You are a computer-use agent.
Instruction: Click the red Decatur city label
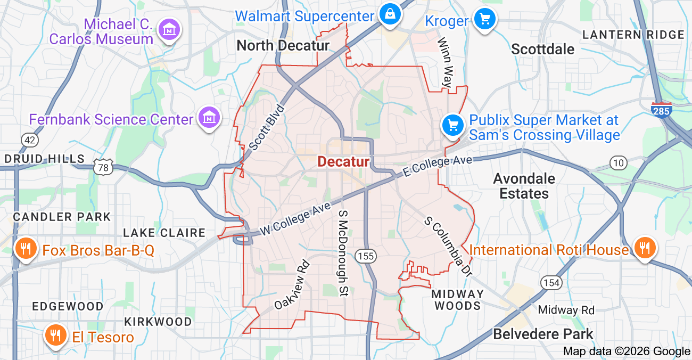[343, 161]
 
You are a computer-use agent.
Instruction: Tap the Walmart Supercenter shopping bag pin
[390, 14]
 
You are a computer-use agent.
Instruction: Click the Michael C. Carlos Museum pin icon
[169, 30]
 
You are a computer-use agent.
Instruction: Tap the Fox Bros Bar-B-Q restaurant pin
[25, 248]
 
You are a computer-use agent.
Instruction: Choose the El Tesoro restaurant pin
[55, 336]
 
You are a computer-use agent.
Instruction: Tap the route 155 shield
[366, 256]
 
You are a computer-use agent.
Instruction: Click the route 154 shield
[550, 282]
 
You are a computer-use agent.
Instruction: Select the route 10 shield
[619, 163]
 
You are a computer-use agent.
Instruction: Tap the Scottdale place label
[543, 50]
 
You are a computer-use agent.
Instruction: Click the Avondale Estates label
[524, 186]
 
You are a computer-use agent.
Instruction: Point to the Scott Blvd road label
[267, 127]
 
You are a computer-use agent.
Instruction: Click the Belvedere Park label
[543, 334]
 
